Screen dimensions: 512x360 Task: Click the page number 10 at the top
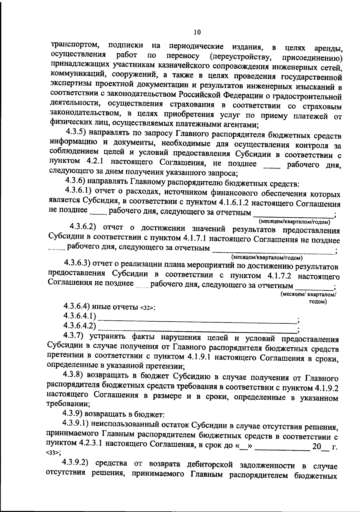197,32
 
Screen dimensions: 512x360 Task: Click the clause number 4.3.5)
77,132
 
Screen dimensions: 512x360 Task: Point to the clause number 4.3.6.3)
77,263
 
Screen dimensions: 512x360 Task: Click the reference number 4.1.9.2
326,388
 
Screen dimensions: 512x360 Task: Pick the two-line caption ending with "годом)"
308,298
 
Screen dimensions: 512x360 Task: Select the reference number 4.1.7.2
281,276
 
